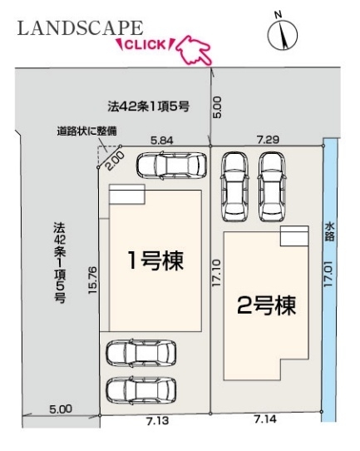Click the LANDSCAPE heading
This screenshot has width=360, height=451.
(80, 28)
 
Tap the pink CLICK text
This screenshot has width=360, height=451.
(145, 45)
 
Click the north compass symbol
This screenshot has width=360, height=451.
(282, 33)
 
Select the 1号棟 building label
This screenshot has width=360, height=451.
(155, 260)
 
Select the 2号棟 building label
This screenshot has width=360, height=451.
(266, 305)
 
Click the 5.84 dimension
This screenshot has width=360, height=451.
(162, 141)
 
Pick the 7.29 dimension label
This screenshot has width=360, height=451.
(268, 140)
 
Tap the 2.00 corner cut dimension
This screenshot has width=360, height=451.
(116, 161)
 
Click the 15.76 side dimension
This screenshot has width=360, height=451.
(92, 280)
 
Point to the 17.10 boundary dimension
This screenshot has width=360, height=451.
(216, 273)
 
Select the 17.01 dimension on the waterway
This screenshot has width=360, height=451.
(328, 274)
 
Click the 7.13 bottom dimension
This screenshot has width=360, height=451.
(157, 421)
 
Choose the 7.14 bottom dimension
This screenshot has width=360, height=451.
(265, 419)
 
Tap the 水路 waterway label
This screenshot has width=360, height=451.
(329, 231)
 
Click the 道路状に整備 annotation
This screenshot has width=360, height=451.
(86, 131)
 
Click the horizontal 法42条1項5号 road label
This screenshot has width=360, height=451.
(149, 107)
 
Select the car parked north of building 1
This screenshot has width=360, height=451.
(171, 165)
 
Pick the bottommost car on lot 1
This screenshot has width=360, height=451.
(141, 390)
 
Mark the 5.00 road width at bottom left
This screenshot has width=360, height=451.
(61, 409)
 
